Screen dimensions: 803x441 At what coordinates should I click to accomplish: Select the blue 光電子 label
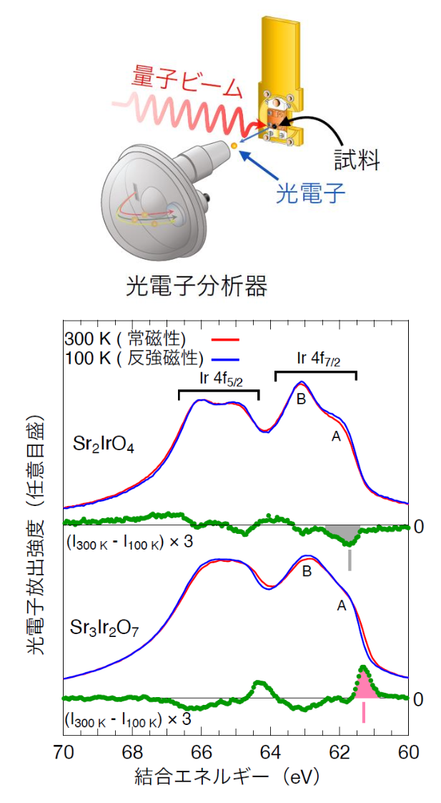tap(311, 191)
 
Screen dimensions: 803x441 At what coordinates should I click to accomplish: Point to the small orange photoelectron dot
tap(234, 147)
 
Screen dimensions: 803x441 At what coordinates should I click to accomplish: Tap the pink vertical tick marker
tap(364, 712)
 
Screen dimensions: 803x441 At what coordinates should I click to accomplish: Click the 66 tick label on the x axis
tap(202, 752)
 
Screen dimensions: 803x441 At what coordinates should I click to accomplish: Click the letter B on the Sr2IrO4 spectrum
tap(301, 399)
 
